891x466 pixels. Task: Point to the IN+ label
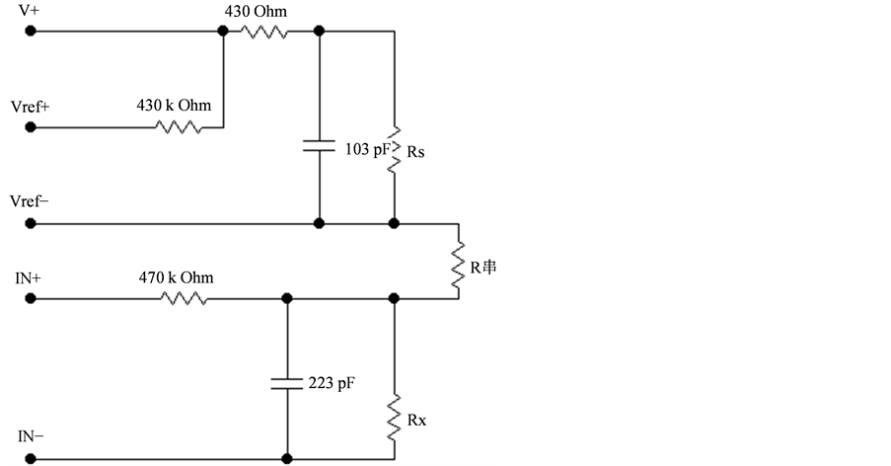[29, 278]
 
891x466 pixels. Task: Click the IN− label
[29, 435]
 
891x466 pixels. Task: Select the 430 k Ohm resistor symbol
[180, 127]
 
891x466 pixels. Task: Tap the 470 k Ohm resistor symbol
[185, 297]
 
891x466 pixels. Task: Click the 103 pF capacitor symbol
[319, 146]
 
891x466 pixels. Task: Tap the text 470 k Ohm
[176, 277]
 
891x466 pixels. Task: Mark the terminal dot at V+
[31, 32]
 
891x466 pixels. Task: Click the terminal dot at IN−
[31, 458]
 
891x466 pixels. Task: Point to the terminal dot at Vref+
[31, 127]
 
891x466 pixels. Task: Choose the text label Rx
[417, 419]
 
